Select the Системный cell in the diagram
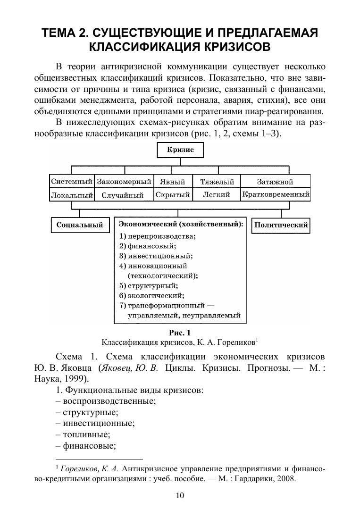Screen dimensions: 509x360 [71, 182]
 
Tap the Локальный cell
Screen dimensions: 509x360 [71, 194]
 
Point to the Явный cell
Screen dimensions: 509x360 [172, 182]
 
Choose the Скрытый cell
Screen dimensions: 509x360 [172, 194]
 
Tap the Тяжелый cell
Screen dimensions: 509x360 [217, 182]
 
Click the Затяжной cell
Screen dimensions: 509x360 [275, 182]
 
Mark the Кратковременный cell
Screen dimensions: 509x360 [276, 194]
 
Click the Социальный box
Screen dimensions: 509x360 [80, 225]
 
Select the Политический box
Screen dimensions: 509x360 [281, 225]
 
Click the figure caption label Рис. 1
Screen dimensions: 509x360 [179, 333]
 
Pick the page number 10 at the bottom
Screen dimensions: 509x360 [179, 495]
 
